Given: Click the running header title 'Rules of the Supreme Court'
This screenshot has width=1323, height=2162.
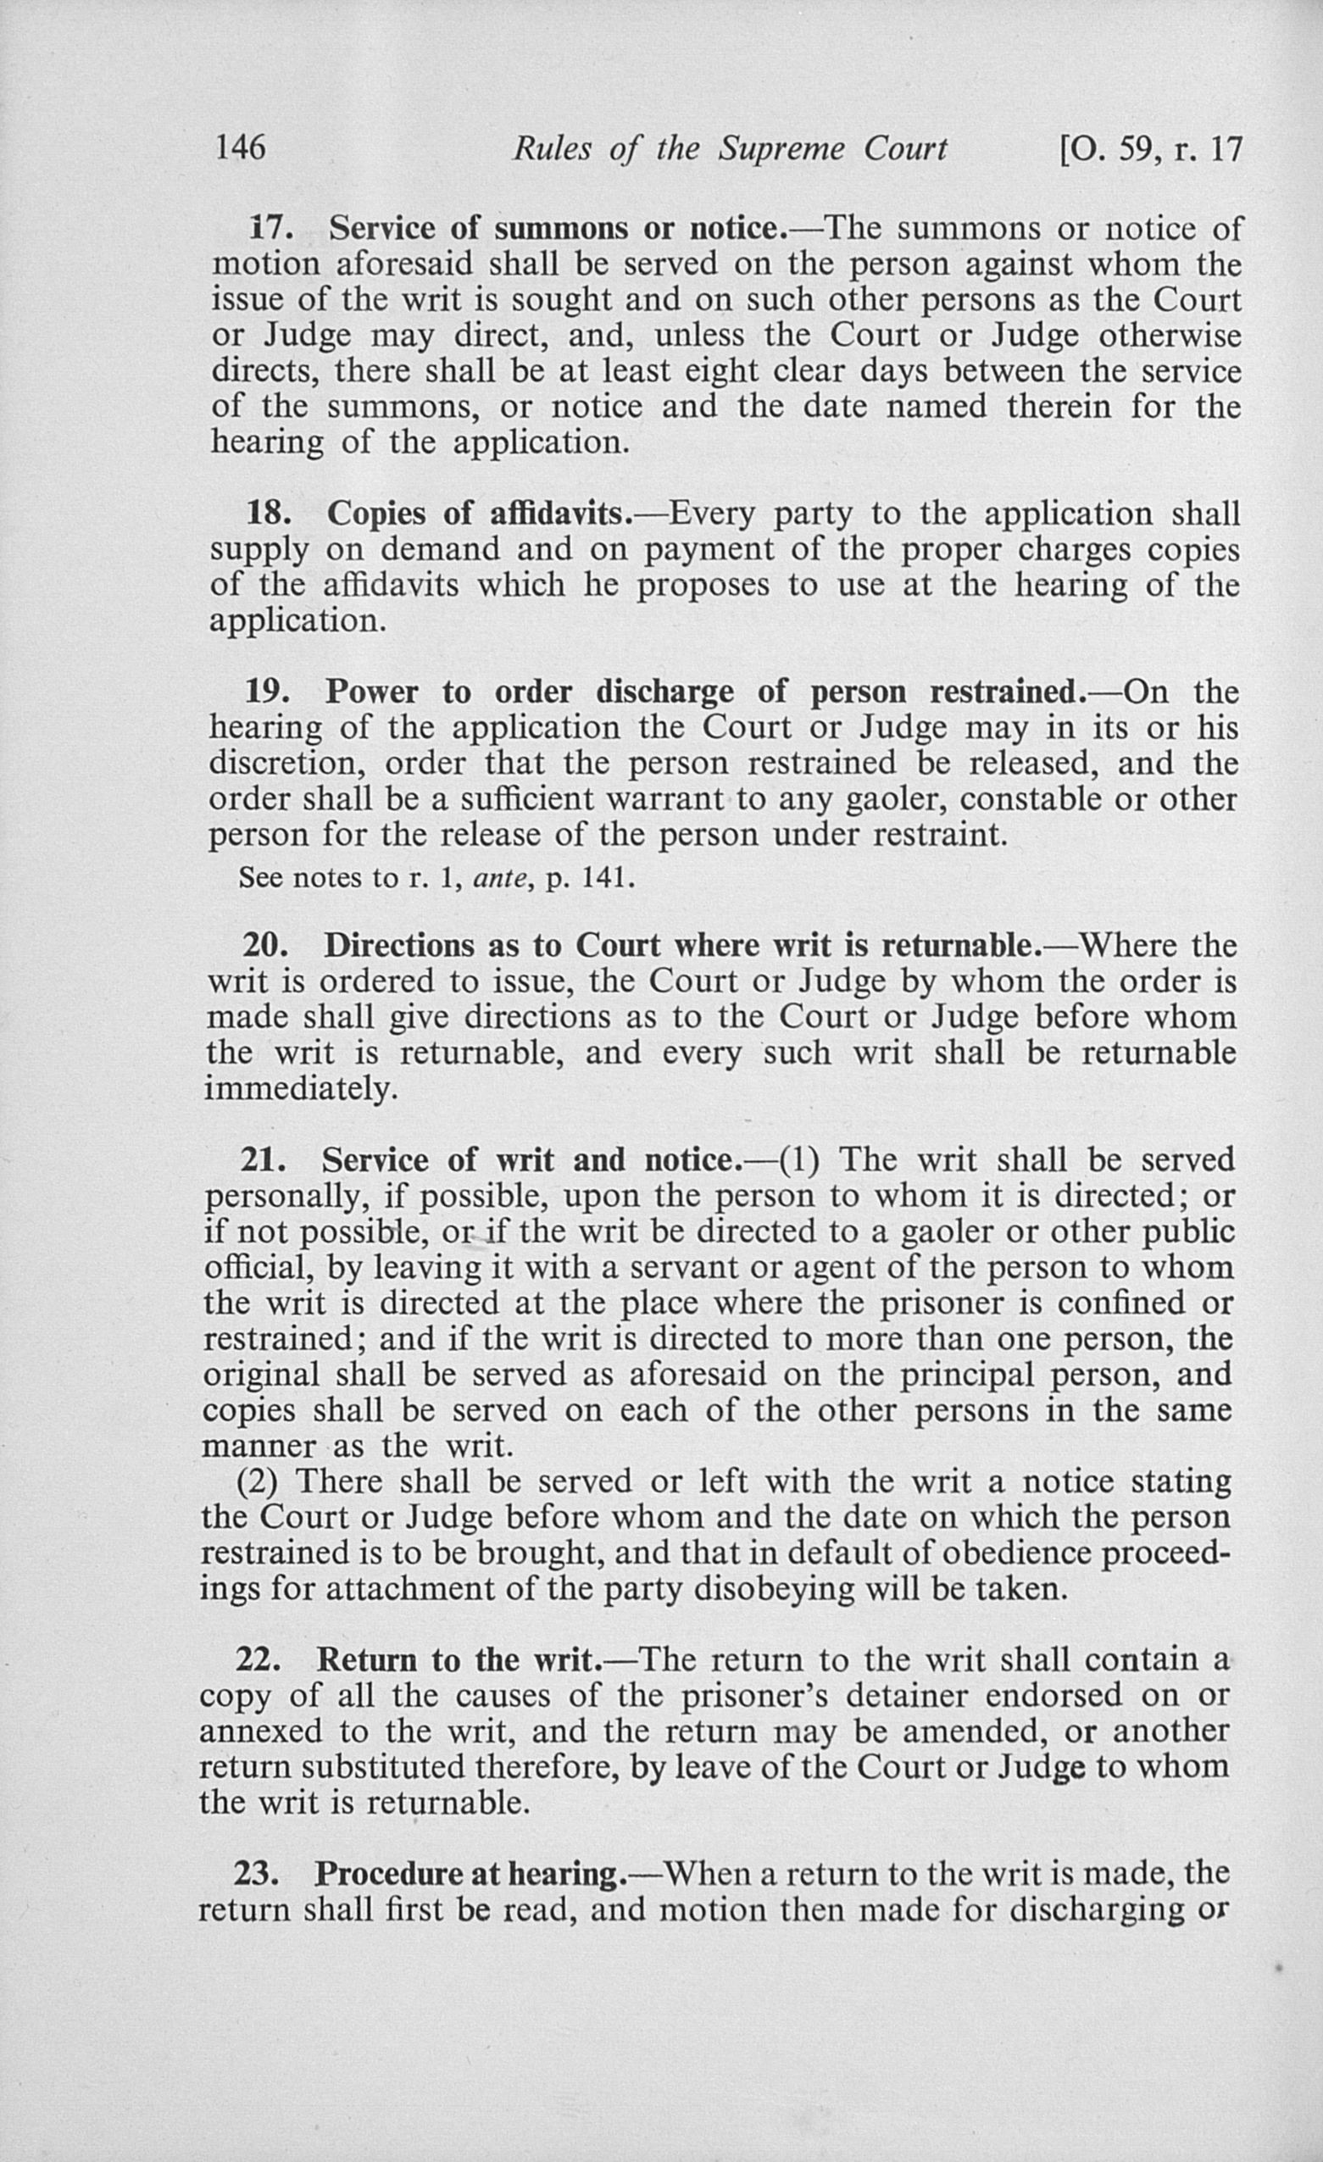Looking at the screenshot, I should [729, 149].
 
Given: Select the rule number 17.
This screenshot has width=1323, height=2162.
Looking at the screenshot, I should [269, 228].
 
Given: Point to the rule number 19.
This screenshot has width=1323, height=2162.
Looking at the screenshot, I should [266, 692].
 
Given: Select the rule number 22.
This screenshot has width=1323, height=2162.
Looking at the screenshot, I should [255, 1659].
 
